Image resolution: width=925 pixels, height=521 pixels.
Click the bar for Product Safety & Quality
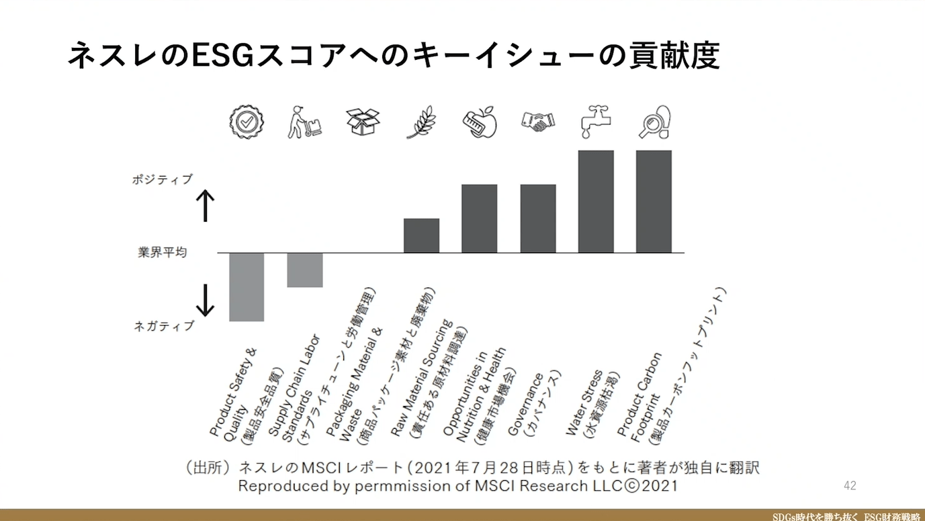click(x=247, y=287)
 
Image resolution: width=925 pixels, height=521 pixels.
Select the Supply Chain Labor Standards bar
click(x=305, y=270)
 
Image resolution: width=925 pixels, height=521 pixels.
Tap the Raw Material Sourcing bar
click(x=421, y=235)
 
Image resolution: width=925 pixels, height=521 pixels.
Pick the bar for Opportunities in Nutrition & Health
click(x=480, y=218)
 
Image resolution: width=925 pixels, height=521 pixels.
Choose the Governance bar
click(x=538, y=218)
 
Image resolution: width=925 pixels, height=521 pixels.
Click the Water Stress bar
click(x=596, y=202)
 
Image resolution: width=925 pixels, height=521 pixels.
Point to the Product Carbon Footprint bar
click(x=654, y=202)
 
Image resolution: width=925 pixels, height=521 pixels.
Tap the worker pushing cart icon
click(x=304, y=122)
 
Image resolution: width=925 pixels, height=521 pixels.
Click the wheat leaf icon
click(x=421, y=122)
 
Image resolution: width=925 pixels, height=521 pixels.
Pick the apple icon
click(x=480, y=122)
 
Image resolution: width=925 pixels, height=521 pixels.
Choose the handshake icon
click(x=538, y=122)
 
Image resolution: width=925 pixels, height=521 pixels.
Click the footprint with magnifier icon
click(x=654, y=122)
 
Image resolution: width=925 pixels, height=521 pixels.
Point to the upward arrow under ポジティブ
click(x=205, y=206)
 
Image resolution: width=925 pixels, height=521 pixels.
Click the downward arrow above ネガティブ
click(x=205, y=300)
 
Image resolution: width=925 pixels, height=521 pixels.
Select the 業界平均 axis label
click(x=163, y=253)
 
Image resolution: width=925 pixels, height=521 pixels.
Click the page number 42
click(x=850, y=485)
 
